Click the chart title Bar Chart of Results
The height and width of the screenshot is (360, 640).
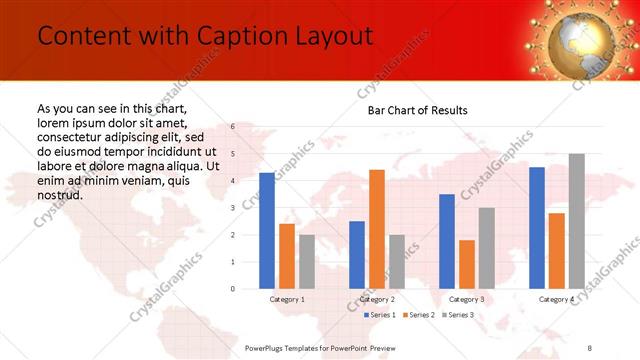coord(412,110)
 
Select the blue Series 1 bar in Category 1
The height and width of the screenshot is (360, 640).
coord(266,231)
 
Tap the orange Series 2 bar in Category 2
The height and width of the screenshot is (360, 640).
coord(376,229)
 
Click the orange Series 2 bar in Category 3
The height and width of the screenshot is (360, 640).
coord(466,264)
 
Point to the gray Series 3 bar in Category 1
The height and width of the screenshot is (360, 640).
coord(306,262)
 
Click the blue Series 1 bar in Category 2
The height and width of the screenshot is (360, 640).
coord(356,255)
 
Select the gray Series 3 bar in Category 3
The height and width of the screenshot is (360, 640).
coord(486,248)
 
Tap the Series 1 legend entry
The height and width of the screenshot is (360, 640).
coord(379,315)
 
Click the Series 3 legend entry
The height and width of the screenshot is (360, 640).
coord(457,315)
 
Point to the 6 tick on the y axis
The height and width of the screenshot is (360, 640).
coord(232,127)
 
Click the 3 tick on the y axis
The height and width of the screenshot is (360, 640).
coord(232,208)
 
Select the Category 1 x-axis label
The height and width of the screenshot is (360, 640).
coord(287,299)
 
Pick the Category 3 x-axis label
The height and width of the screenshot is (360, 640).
coord(466,299)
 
